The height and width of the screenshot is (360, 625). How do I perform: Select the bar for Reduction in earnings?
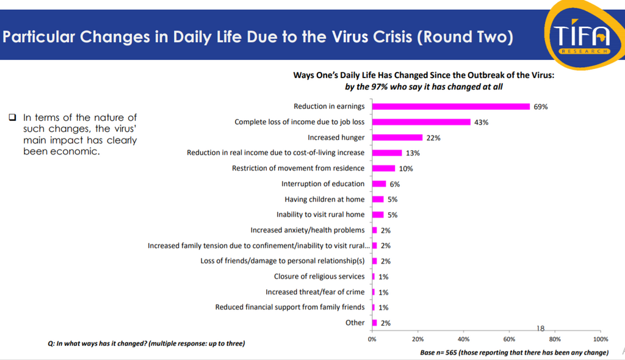[x=451, y=106]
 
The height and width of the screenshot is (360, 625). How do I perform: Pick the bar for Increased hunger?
[x=397, y=137]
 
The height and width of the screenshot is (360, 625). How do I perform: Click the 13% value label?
[x=412, y=153]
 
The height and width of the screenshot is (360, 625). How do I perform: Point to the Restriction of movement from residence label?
[x=298, y=168]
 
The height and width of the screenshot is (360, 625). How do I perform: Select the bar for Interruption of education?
[x=379, y=184]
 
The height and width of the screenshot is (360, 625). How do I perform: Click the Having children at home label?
[x=325, y=200]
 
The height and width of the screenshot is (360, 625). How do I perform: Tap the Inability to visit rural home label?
[x=320, y=215]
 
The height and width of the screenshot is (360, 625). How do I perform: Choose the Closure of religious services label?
[x=319, y=276]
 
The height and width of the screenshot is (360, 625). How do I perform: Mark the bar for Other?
[x=374, y=323]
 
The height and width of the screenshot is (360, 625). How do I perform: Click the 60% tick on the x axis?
[x=508, y=339]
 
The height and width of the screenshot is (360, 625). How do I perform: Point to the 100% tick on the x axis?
[x=600, y=339]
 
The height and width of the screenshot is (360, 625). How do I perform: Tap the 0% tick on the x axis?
[x=372, y=339]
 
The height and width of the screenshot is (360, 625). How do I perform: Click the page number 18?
[x=540, y=328]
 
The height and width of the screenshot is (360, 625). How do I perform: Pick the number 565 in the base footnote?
[x=448, y=353]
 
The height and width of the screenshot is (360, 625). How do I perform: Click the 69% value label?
[x=541, y=107]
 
